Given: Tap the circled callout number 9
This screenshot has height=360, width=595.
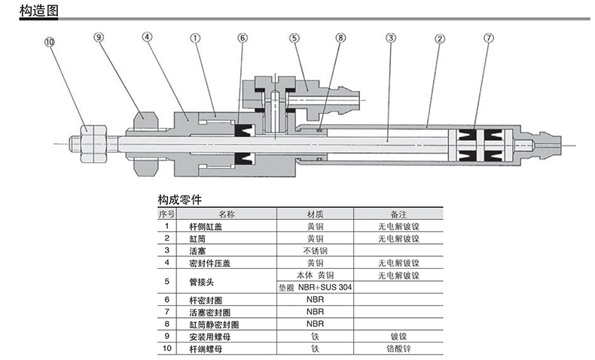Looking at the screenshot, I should (x=99, y=36).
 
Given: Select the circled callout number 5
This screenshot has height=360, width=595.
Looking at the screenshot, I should (x=294, y=36).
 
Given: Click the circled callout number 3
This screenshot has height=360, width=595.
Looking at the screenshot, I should (x=390, y=36).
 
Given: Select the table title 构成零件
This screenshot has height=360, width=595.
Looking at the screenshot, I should (x=177, y=201).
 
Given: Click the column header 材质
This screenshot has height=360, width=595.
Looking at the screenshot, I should (x=314, y=214).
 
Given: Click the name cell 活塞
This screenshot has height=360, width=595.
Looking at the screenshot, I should (x=197, y=250).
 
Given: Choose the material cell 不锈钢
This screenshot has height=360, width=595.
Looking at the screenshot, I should (x=314, y=250).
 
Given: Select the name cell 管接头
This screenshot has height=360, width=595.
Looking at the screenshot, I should (x=202, y=281).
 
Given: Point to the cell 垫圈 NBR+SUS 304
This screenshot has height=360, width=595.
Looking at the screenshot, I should (x=315, y=287).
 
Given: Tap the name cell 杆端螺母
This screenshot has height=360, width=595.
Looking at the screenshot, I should (x=206, y=349).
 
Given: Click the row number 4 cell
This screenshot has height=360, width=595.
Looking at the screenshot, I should (x=166, y=263).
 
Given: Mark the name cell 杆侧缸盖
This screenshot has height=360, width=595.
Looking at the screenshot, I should (x=206, y=226).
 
